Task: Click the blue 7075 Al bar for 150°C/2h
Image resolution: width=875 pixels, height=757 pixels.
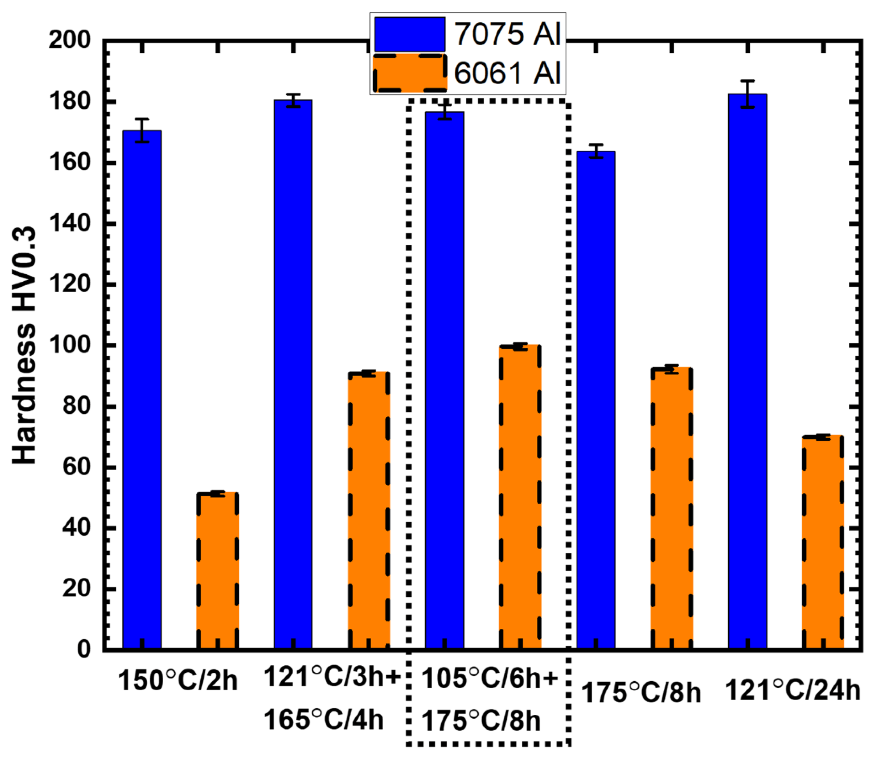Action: tap(142, 388)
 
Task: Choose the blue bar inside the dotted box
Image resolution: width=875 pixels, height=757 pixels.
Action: tap(445, 380)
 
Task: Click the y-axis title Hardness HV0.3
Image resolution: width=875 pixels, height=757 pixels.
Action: tap(24, 346)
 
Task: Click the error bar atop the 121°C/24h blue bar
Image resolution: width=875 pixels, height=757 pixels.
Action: tap(747, 94)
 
